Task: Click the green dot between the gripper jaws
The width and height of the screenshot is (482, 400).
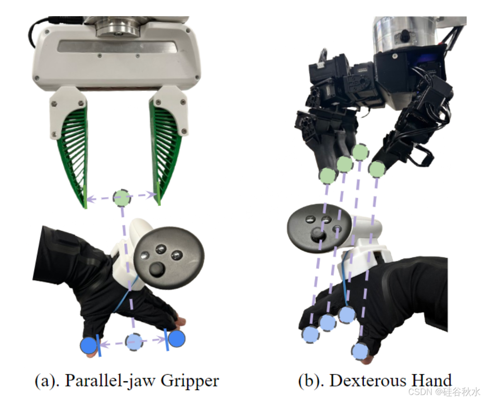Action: [x=122, y=198]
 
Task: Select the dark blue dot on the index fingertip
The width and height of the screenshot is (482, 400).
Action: [x=176, y=339]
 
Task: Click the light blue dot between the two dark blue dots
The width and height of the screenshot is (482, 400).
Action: [x=134, y=341]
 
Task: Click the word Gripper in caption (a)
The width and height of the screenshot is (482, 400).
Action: [x=190, y=380]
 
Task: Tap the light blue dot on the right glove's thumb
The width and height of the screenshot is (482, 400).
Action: [x=360, y=351]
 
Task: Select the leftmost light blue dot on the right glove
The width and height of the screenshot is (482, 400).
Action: [x=310, y=334]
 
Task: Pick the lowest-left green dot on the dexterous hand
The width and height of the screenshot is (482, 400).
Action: [x=328, y=176]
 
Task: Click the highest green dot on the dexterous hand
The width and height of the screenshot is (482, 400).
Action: [x=360, y=152]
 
